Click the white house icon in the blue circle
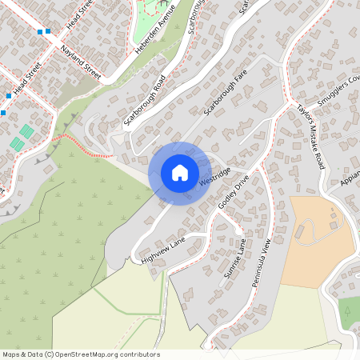point(180,173)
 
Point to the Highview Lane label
point(162,250)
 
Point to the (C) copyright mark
point(49,354)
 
